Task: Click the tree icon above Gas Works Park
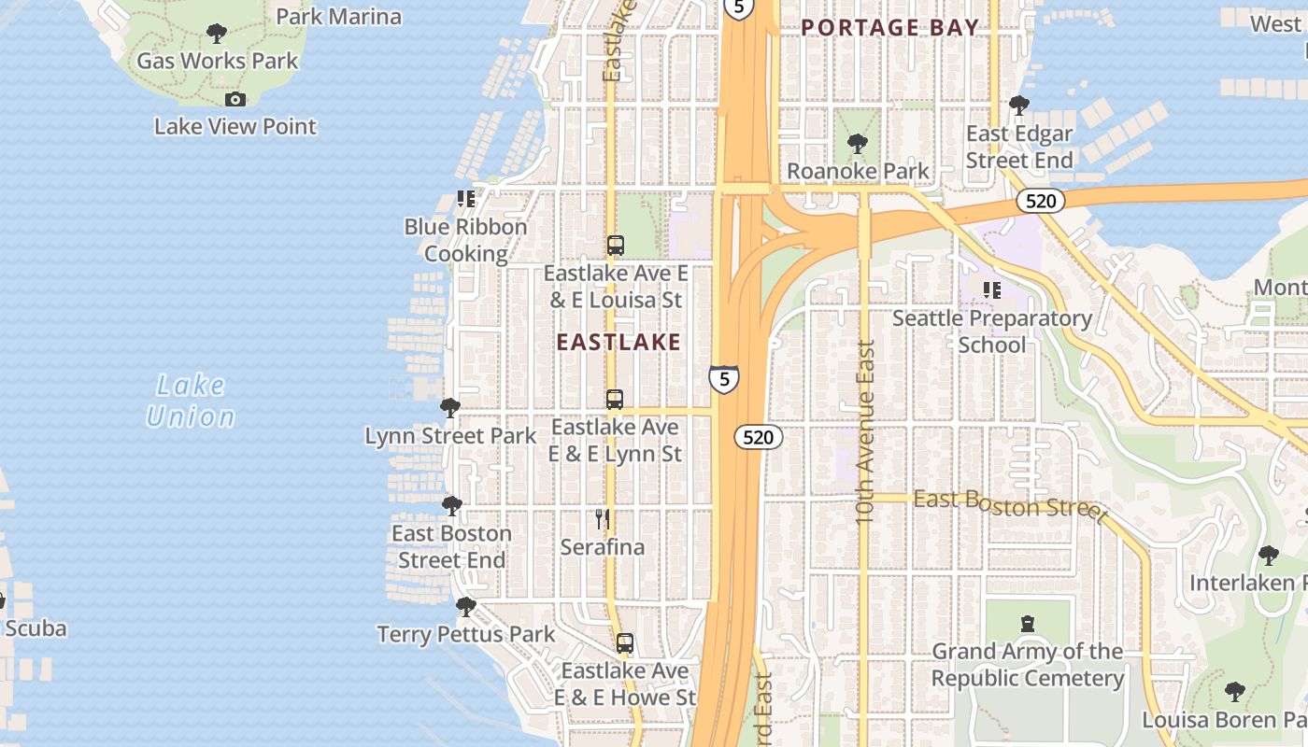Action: coord(216,35)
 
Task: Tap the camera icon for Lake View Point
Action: coord(235,99)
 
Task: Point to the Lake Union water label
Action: coord(191,401)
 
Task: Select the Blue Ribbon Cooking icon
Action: coord(465,199)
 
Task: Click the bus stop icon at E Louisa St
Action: coord(615,246)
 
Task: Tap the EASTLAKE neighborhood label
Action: coord(618,342)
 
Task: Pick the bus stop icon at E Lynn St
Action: coord(614,400)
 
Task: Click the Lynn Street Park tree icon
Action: coord(450,408)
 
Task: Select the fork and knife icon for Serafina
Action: coord(603,519)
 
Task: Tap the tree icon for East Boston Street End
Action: coord(451,506)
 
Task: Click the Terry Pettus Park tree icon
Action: coord(465,607)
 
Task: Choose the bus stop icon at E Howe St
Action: coord(624,643)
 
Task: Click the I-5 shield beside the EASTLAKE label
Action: coord(723,378)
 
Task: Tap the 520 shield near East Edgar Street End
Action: coord(1040,201)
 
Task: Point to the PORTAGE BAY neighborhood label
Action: coord(889,28)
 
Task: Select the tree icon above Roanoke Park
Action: coord(857,144)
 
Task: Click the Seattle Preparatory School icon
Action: coord(991,290)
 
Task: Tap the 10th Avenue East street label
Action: coord(865,431)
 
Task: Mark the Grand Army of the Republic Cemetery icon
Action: coord(1027,623)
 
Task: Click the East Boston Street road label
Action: coord(1009,505)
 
